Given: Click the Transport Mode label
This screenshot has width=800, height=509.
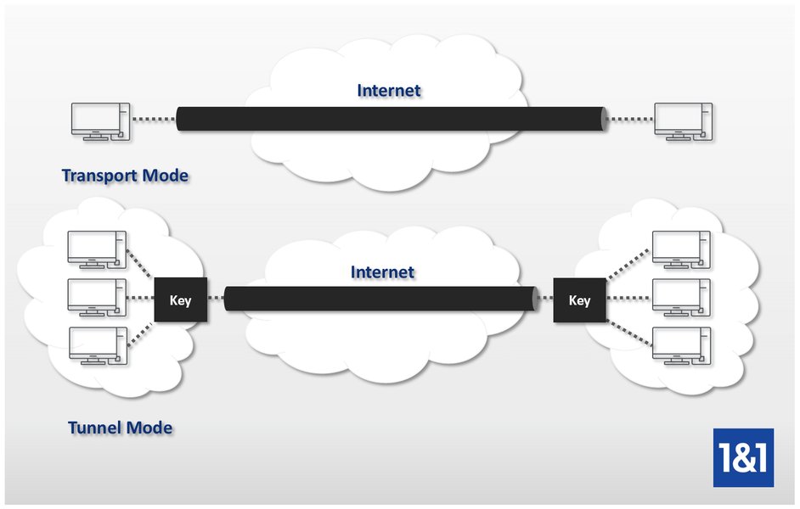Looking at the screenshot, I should point(125,176).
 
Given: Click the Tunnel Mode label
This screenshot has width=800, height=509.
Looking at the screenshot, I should point(120,428).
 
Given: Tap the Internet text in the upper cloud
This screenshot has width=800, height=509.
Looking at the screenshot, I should point(388,90).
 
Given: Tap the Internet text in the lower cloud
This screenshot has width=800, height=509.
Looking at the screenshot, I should point(382,272).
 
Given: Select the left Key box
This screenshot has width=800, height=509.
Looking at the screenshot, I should point(180,300).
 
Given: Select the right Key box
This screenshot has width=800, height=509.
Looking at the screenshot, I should point(579,300).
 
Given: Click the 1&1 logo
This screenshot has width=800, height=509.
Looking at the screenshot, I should point(743,457).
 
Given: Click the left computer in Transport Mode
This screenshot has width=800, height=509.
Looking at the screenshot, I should point(99,121).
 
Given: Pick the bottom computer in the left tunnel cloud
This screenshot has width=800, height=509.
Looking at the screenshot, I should point(97,344).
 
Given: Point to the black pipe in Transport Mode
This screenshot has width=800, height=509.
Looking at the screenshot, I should point(391,120).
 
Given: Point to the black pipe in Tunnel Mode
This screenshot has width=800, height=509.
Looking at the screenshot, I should point(380,299).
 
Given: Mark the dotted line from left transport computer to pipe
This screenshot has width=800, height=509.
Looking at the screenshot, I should point(152,120).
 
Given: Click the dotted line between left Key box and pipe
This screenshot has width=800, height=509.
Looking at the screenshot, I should point(216,299).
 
